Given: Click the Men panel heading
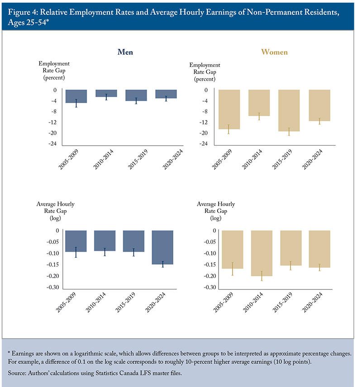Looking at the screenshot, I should coord(125,52).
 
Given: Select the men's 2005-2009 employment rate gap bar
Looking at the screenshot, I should coord(76,96).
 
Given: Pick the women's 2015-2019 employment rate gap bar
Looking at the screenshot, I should coord(289,110).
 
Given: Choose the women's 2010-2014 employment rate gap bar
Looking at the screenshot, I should coord(259,103).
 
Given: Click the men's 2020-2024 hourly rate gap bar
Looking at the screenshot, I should coord(162,247).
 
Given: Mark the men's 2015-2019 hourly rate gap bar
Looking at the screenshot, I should coord(133,241).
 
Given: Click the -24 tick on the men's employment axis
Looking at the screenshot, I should coord(52,144).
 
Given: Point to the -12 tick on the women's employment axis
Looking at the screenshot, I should coord(203,122).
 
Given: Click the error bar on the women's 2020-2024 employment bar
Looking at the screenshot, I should coord(319,121).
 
